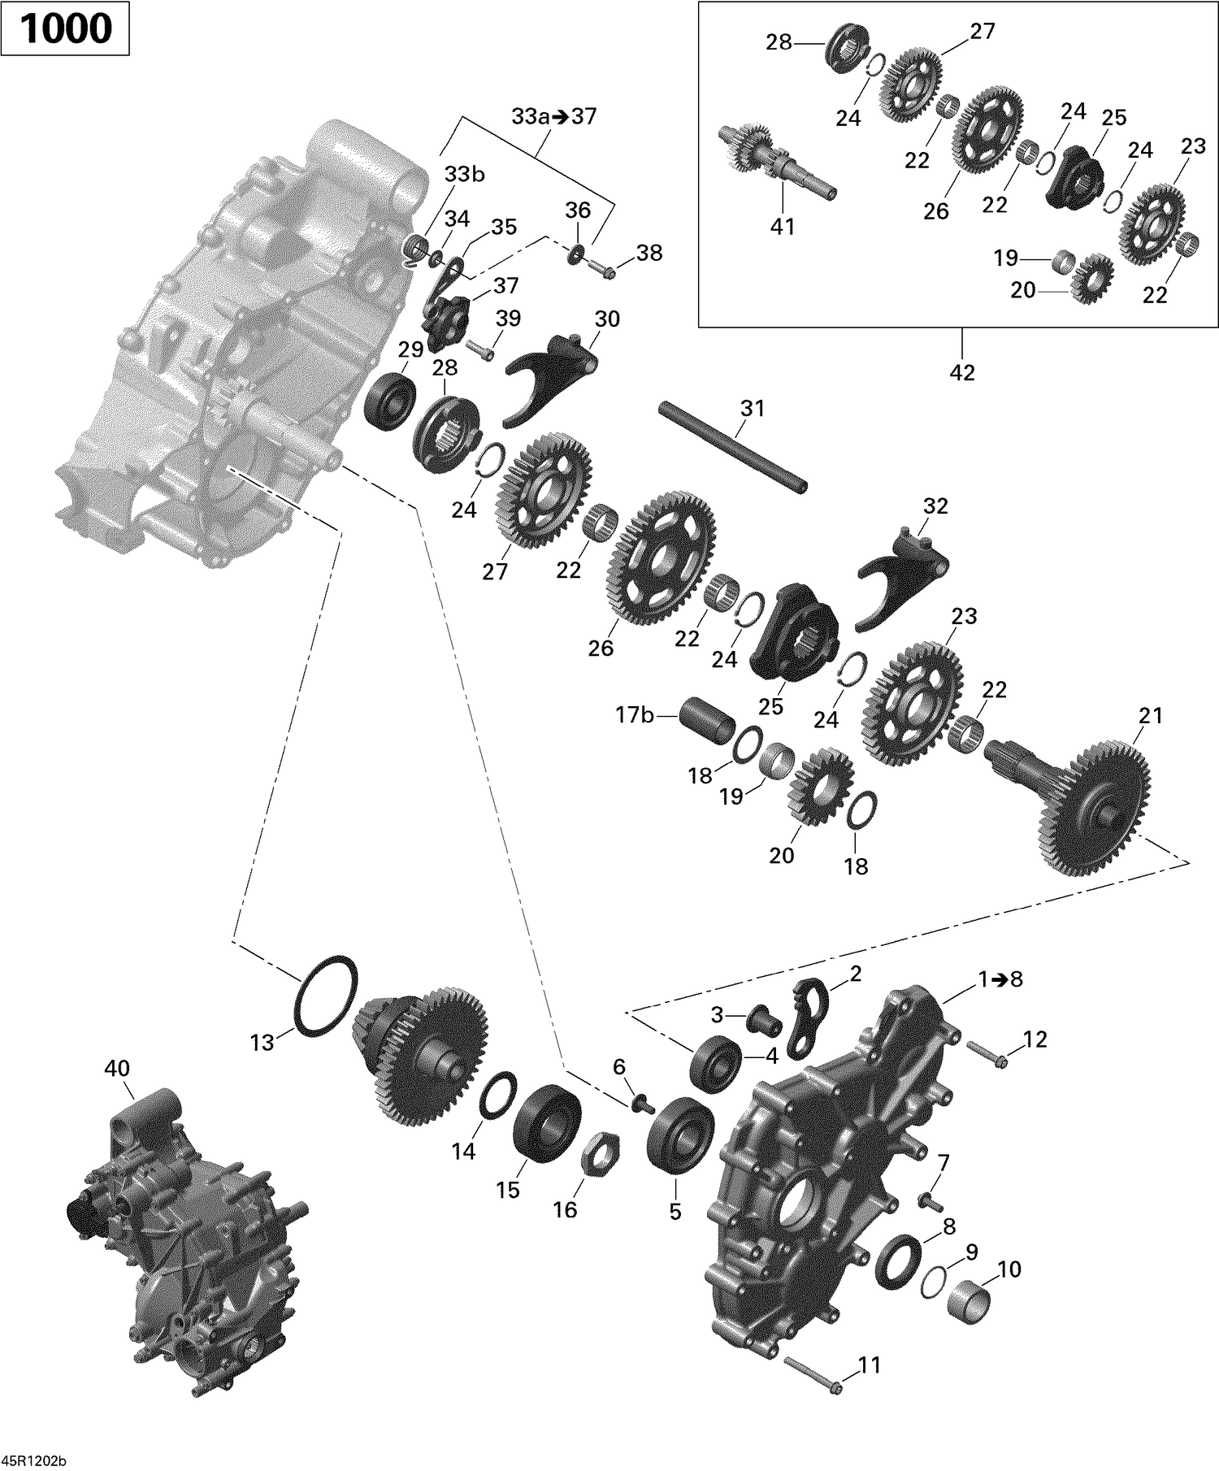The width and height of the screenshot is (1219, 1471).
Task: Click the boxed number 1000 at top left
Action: click(x=65, y=29)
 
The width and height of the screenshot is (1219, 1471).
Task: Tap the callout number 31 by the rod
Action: click(x=752, y=408)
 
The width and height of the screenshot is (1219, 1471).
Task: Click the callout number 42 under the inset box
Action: click(x=961, y=372)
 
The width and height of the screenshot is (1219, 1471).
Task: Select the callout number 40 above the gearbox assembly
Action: click(x=117, y=1068)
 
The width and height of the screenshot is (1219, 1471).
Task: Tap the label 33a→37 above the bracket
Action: click(x=553, y=116)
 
